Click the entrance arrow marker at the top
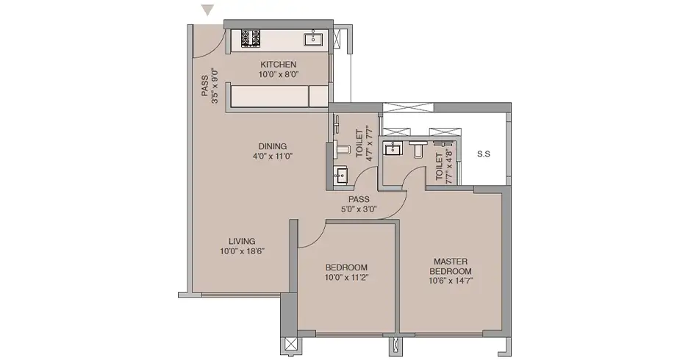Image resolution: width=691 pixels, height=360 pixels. point(207,10)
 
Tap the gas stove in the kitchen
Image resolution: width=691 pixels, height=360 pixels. point(251,38)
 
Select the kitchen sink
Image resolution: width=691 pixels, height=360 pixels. point(313,38)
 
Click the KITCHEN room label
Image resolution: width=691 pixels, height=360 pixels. point(278,65)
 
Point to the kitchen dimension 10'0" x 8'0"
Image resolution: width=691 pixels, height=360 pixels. point(278,74)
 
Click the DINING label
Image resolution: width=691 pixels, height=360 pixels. point(272,146)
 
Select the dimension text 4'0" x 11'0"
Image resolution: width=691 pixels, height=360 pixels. point(273,156)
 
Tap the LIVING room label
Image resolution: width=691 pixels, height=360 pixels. point(242,241)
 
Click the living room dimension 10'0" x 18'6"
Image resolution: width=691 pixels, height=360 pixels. point(242,251)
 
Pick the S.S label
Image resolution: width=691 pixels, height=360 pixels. point(484,154)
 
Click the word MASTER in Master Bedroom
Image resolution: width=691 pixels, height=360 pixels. point(451,262)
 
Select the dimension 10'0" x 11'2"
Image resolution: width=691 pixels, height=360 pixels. point(346,277)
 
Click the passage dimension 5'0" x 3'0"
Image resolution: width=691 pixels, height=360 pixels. point(359,209)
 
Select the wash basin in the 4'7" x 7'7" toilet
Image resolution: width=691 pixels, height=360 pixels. point(340,175)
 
